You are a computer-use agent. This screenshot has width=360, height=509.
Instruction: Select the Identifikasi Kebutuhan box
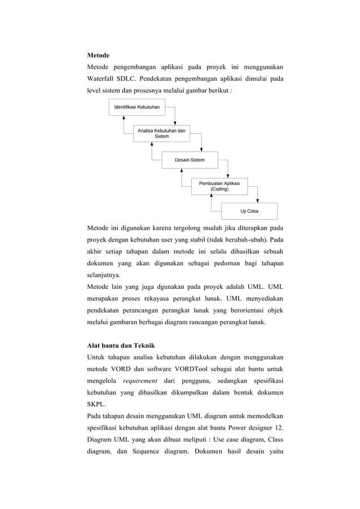pos(137,107)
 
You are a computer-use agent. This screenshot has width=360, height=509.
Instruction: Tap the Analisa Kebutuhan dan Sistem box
pos(161,133)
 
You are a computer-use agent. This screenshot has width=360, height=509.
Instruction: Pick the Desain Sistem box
pos(190,160)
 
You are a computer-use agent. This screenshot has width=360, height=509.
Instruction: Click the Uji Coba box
pos(249,212)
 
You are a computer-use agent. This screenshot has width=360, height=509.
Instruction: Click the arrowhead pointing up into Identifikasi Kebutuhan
pos(124,117)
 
